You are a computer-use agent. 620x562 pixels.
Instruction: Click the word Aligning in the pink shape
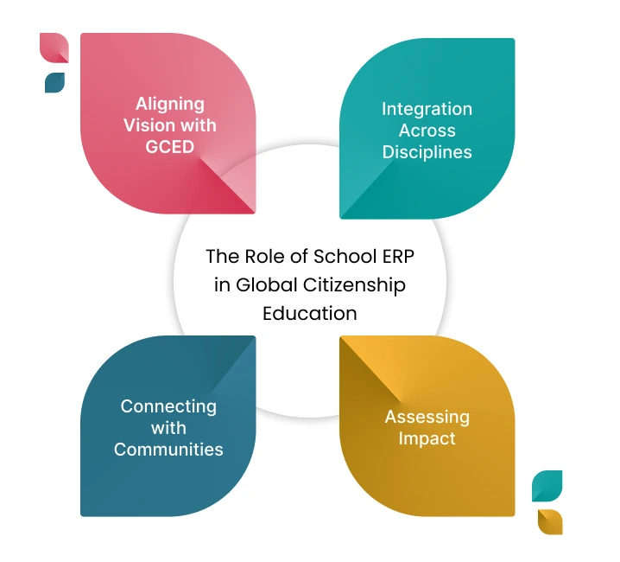click(170, 104)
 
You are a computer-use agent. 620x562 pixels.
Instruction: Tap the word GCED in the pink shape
click(170, 147)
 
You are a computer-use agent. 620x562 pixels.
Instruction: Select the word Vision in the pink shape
click(149, 125)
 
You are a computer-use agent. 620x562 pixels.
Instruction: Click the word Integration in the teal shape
click(427, 109)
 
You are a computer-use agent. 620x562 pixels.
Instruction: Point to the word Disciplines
click(427, 152)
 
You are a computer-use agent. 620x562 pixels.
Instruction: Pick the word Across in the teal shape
click(427, 131)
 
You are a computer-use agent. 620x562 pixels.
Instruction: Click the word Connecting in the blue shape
click(168, 406)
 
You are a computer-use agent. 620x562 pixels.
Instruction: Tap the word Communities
click(168, 449)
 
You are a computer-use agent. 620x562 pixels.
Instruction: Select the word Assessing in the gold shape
click(427, 417)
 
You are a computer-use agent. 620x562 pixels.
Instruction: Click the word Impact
click(427, 438)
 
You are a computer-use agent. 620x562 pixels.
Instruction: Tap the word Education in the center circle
click(310, 312)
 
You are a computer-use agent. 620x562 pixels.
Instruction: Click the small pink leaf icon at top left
click(54, 48)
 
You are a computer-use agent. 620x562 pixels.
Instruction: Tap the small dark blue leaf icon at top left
click(54, 82)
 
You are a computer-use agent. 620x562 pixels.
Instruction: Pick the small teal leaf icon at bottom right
click(547, 485)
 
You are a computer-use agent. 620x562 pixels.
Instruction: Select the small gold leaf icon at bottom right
click(549, 521)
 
